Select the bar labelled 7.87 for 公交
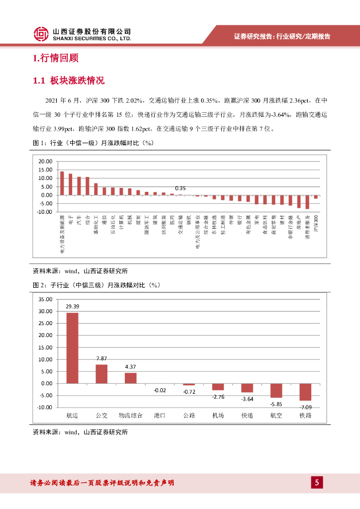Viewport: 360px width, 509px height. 101,374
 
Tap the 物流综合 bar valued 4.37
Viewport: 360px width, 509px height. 131,378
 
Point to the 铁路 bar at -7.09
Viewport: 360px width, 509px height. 305,392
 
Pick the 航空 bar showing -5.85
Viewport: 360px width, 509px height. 276,390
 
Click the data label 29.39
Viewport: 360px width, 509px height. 73,307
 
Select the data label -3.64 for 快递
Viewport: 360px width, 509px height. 247,399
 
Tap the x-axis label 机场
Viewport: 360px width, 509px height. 218,416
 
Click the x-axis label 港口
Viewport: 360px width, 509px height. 160,416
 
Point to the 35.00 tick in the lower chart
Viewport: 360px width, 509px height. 45,299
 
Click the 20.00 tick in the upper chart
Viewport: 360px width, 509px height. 45,162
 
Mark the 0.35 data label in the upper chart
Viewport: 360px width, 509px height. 180,188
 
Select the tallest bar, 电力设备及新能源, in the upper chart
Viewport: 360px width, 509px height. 62,183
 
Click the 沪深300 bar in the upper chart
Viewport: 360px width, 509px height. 316,197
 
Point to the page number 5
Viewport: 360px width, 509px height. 317,482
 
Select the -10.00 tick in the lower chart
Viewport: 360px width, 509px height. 44,407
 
